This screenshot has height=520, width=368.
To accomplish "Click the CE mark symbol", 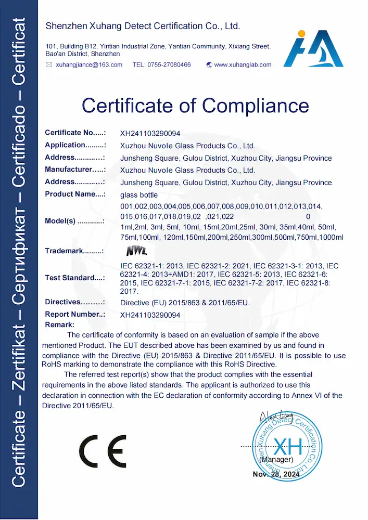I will coord(103,450).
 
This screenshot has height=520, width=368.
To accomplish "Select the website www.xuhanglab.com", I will coord(243,65).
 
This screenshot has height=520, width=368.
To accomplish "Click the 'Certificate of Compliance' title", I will coord(195,106).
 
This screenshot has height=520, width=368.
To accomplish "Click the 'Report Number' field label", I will coord(75,315).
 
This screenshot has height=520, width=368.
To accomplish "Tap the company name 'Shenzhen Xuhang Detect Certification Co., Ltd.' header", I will coord(143,26).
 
